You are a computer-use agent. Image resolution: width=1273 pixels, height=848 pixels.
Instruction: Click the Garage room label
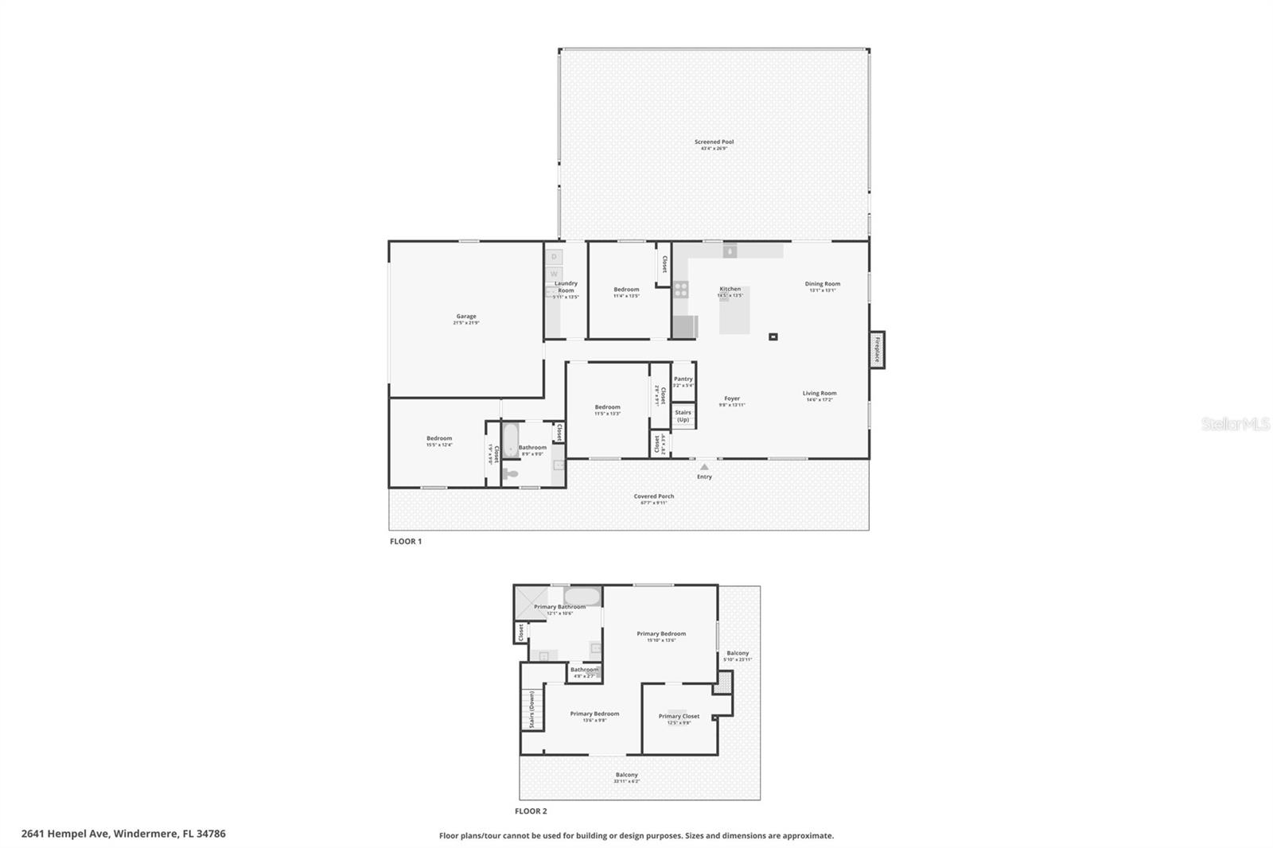[x=466, y=317]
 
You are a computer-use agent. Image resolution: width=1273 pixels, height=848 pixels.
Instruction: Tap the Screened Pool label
[x=714, y=142]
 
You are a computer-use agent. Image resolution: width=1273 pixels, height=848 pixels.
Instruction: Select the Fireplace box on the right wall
[x=877, y=349]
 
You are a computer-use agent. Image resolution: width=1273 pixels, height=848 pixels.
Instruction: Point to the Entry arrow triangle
[x=704, y=467]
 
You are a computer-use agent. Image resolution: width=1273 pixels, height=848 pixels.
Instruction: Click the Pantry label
[x=683, y=379]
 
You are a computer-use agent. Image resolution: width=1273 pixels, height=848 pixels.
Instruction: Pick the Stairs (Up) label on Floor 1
[x=683, y=416]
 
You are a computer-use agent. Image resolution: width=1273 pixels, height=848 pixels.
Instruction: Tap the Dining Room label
[x=822, y=284]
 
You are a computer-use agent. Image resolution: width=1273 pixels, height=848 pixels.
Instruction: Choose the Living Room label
[x=819, y=394]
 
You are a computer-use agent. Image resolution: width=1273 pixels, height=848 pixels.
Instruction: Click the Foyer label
[x=732, y=399]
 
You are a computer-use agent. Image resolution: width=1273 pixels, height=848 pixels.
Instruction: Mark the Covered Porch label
[x=653, y=496]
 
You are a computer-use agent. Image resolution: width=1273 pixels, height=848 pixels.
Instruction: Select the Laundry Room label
[x=566, y=286]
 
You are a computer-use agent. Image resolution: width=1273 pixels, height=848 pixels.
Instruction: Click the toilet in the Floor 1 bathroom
[x=510, y=475]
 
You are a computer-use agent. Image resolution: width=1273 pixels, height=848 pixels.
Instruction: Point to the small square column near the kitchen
[x=773, y=336]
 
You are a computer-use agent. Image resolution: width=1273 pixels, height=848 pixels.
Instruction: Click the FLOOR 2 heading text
[x=531, y=811]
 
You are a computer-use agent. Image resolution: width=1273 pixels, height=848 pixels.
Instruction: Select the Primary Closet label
[x=679, y=717]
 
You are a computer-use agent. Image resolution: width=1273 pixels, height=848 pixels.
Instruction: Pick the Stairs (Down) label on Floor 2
[x=531, y=709]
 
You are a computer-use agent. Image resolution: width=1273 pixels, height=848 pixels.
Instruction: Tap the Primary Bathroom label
[x=559, y=607]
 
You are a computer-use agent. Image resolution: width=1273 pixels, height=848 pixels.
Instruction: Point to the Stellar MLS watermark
[x=1235, y=424]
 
